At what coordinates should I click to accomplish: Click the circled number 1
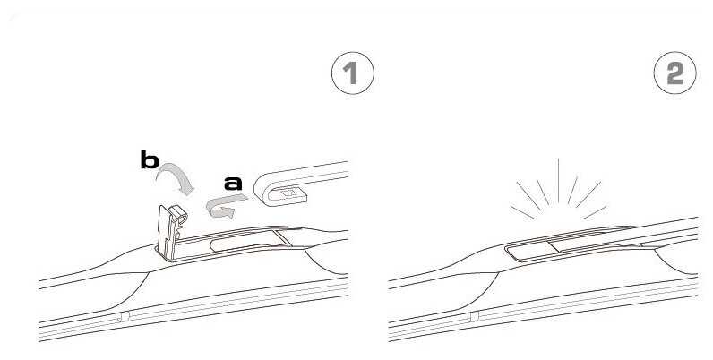click(352, 73)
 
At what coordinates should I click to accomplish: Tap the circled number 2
click(674, 73)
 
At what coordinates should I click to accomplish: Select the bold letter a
click(233, 184)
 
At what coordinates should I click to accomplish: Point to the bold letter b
click(150, 160)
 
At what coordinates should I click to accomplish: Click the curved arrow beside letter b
click(178, 173)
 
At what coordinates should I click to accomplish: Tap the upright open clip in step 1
click(170, 231)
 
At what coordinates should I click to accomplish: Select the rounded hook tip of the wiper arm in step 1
click(261, 190)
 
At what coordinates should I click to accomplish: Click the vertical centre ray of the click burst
click(558, 181)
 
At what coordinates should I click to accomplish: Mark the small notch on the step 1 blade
click(123, 316)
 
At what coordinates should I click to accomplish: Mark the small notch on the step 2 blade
click(472, 316)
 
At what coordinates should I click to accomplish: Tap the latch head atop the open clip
click(178, 213)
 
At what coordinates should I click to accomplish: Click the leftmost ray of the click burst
click(522, 213)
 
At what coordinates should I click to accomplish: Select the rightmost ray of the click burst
click(595, 212)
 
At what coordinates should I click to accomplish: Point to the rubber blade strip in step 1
click(193, 313)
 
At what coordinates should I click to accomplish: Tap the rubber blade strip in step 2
click(543, 313)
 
